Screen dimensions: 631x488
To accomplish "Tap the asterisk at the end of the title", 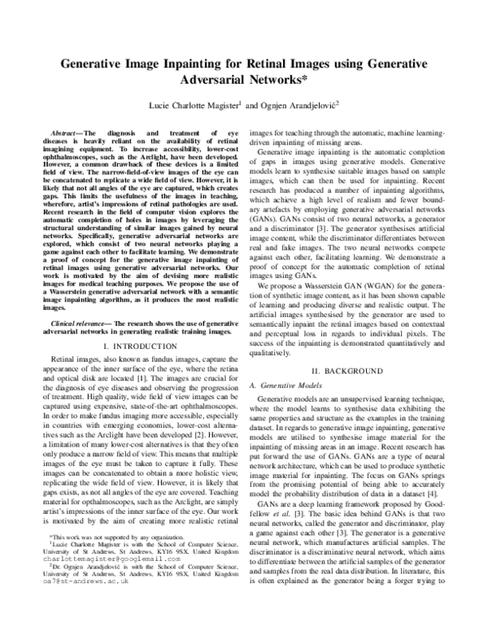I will [305, 81].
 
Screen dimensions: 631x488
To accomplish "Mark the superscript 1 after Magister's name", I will [242, 103].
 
